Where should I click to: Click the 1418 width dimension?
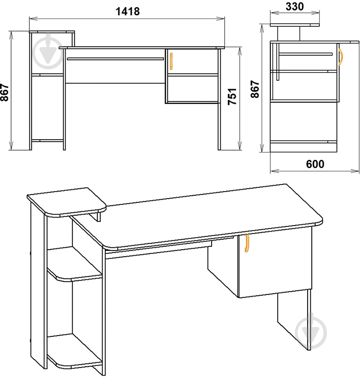click(128, 11)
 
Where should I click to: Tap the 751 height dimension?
click(232, 97)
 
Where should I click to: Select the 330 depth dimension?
click(295, 7)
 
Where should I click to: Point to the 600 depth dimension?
click(315, 164)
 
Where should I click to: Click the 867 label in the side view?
click(255, 89)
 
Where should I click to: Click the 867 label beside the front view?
click(4, 92)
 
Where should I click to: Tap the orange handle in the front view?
click(171, 61)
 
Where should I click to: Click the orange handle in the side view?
click(341, 57)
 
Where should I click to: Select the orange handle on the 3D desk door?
click(247, 243)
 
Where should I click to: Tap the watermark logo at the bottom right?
click(311, 332)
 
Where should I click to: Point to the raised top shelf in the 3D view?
click(67, 202)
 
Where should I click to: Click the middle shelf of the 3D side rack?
click(75, 265)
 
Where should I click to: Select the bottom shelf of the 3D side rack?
click(75, 352)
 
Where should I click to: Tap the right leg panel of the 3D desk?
click(294, 320)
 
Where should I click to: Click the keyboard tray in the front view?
click(115, 59)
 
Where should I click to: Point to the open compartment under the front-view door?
click(192, 89)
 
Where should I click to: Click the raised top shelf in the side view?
click(295, 25)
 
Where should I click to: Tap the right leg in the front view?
click(219, 99)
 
